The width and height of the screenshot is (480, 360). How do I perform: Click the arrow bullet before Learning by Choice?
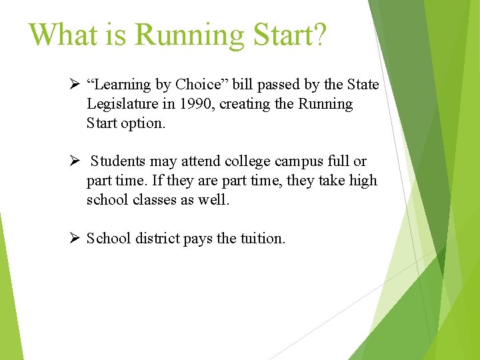point(75,85)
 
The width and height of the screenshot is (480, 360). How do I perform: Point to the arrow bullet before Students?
point(75,161)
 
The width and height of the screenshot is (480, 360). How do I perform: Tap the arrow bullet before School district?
point(75,238)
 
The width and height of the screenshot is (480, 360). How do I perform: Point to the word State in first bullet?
point(362,85)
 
